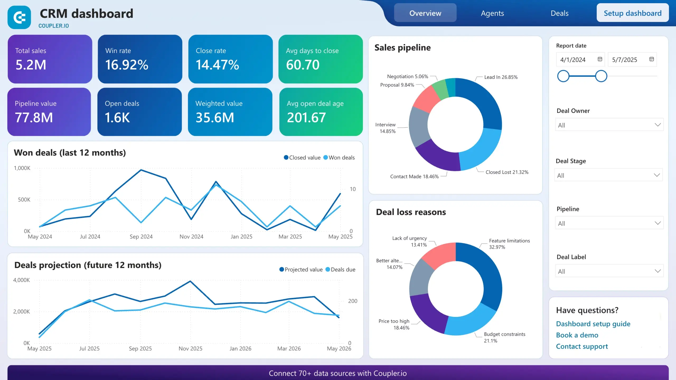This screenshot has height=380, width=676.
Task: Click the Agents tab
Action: pos(492,13)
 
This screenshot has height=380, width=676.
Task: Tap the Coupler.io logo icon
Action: pos(19,17)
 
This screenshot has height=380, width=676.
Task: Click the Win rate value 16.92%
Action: pos(127,65)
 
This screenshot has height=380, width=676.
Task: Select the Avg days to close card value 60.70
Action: pos(303,65)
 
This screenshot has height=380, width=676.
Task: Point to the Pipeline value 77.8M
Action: pos(34,118)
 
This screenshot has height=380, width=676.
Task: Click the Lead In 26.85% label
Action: pos(501,77)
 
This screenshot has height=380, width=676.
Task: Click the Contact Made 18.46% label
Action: pos(414,177)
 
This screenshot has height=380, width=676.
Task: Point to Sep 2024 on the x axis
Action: pos(141,237)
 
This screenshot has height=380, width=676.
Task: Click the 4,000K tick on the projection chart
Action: pos(21,280)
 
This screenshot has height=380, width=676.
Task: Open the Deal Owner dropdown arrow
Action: pos(658,125)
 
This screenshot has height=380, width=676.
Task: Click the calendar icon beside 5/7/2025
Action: pos(651,59)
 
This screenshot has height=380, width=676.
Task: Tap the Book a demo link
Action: pos(577,335)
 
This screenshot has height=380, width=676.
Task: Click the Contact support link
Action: pos(582,346)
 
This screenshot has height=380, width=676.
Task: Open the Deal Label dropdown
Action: pos(609,271)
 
